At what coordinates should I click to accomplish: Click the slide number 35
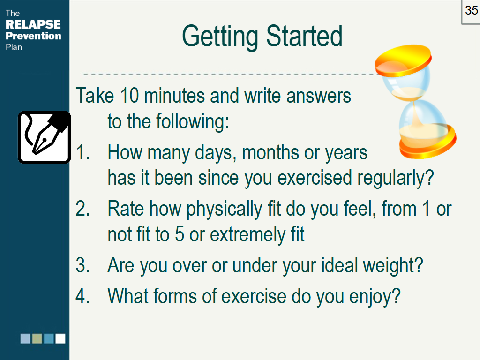tap(472, 10)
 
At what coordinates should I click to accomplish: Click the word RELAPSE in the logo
tap(33, 24)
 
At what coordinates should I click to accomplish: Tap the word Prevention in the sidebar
tap(33, 36)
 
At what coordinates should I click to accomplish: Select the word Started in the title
tap(304, 36)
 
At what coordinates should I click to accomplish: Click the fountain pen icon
tap(45, 137)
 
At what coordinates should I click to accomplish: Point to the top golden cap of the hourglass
tap(403, 60)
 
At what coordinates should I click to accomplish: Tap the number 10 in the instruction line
tap(129, 96)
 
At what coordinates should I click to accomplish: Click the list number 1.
tap(82, 152)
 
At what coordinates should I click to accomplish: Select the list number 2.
tap(82, 209)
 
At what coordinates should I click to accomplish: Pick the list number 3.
tap(82, 265)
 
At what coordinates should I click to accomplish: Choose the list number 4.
tap(82, 296)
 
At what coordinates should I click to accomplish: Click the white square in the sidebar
tap(60, 338)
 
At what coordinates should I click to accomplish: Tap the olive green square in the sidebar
tap(37, 338)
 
